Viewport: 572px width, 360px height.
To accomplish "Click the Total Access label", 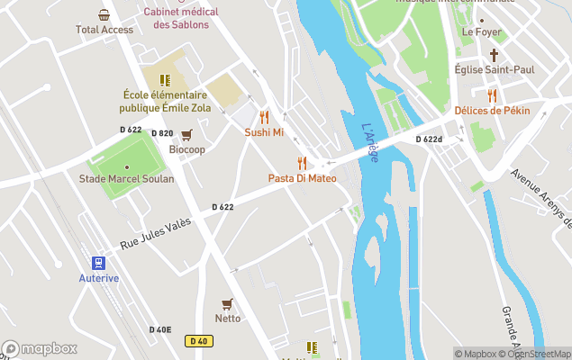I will pos(104,30).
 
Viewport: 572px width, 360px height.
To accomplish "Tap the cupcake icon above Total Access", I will pos(104,14).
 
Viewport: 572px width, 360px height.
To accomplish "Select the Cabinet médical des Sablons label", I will pos(180,18).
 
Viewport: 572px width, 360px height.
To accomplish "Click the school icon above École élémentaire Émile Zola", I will pos(165,80).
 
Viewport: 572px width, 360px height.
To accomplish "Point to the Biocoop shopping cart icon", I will pos(186,135).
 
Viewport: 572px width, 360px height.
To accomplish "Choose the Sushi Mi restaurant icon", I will pos(264,117).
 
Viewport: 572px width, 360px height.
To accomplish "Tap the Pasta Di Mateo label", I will pos(302,178).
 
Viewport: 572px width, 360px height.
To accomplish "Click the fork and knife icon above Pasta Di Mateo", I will pos(302,163).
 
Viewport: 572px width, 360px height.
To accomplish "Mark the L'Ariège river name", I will pos(370,143).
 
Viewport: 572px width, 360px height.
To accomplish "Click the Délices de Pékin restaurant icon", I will pos(492,95).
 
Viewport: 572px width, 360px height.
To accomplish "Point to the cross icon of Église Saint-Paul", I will pos(493,54).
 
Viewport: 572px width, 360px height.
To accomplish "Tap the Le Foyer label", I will pos(480,31).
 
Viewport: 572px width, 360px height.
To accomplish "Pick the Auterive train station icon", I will pos(98,263).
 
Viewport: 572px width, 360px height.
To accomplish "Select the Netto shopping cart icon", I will pos(227,303).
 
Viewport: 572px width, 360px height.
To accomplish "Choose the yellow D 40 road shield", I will pos(199,341).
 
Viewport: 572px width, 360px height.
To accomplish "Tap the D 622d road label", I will pos(429,139).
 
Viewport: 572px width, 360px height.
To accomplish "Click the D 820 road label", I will pos(162,133).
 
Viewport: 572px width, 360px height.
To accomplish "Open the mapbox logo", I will pos(40,348).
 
